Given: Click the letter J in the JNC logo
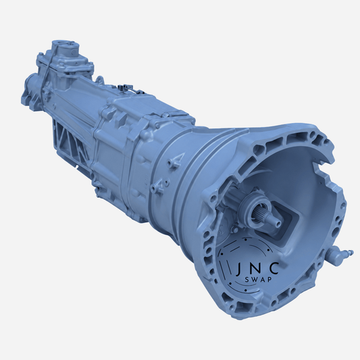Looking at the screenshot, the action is click(x=238, y=269).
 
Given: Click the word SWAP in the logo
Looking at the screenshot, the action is click(x=259, y=280).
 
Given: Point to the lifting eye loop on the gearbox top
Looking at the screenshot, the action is click(x=100, y=80).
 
